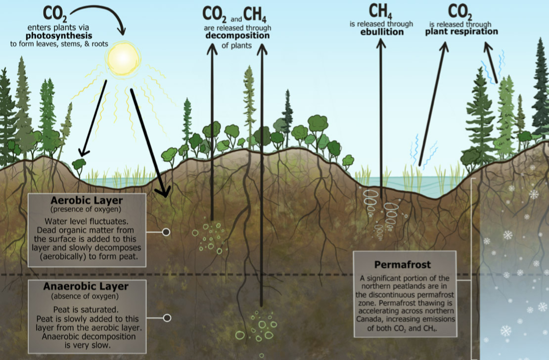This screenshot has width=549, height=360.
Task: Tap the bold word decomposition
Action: coord(237,36)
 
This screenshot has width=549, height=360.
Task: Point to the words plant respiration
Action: coord(461,32)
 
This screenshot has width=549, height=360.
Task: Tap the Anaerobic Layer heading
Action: coord(86,286)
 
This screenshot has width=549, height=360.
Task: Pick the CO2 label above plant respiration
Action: coord(460,11)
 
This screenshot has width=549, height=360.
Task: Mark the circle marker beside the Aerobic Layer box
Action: coord(166,231)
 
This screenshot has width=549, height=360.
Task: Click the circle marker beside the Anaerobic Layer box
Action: coord(167,318)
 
